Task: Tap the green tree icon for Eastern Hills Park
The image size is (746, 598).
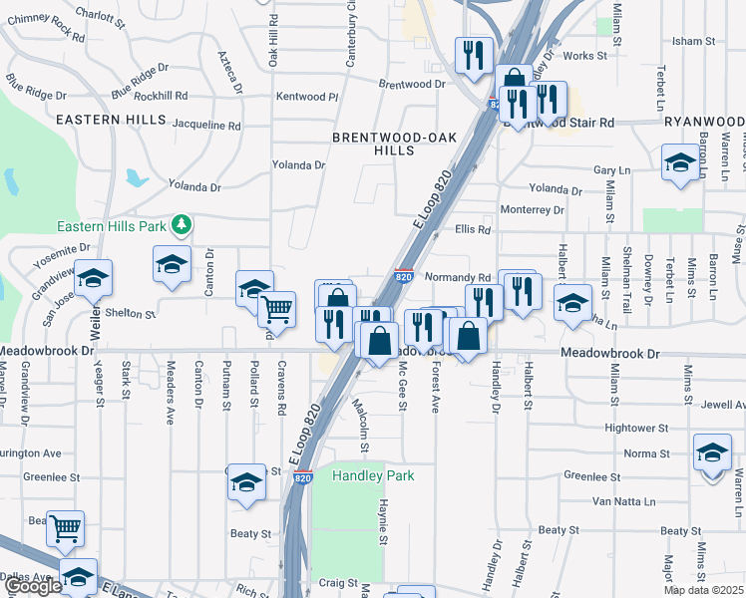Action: point(181,226)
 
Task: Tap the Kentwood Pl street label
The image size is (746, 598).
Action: point(307,97)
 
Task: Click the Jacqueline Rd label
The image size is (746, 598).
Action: point(206,127)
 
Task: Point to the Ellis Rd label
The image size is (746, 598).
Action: point(474,229)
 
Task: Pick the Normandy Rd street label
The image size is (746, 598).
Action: point(458,278)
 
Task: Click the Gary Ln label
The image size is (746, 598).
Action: point(612,171)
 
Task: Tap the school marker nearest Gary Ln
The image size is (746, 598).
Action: point(680,163)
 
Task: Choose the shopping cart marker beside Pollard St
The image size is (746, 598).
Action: point(277,309)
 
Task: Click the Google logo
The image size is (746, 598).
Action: point(34,587)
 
